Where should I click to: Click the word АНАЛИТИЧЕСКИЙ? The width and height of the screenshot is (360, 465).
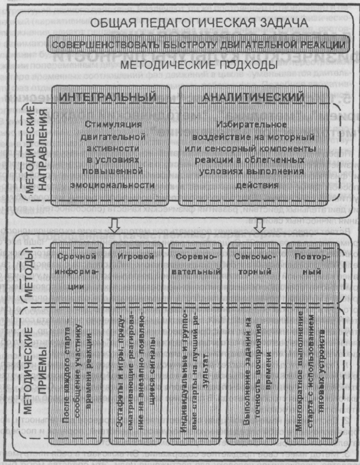[x=253, y=97]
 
